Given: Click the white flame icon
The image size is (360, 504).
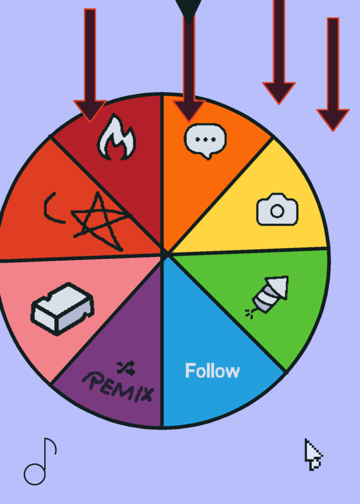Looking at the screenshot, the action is (x=117, y=137).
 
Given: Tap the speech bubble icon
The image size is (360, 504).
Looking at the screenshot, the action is (x=206, y=140).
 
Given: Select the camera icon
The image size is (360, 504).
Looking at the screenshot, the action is (x=277, y=210).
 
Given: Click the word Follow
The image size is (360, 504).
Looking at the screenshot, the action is (x=212, y=370).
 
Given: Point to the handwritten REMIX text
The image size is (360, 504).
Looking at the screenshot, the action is (x=119, y=387).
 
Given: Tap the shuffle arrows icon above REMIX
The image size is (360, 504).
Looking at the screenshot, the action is (x=126, y=369).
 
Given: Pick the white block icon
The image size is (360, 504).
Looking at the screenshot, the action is (x=62, y=309).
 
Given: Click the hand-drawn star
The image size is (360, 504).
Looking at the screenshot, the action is (x=101, y=221).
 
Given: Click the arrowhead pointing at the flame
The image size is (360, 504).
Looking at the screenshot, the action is (x=90, y=111).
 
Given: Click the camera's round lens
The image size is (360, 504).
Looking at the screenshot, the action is (x=277, y=211).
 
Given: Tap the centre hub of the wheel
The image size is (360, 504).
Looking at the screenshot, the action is (x=164, y=254).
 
